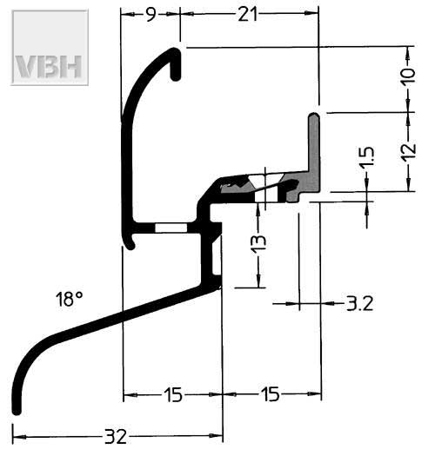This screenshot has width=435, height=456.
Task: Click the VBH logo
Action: click(x=50, y=48)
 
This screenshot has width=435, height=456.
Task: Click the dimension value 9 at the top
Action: click(x=151, y=15)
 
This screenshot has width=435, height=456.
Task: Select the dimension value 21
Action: click(x=248, y=15)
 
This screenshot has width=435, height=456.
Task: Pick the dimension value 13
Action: click(x=258, y=243)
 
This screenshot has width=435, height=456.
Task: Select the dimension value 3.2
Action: click(x=360, y=304)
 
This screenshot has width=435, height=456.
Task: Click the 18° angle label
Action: click(x=70, y=299)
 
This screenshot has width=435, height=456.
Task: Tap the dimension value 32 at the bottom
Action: click(x=116, y=437)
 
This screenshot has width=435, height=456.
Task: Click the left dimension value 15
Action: click(x=173, y=395)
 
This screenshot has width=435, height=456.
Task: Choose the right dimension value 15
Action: click(x=271, y=394)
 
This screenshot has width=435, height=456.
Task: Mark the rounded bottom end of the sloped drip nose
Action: click(x=17, y=411)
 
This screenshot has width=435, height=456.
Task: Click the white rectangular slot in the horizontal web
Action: click(x=171, y=228)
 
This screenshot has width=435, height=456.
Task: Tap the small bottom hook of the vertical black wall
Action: click(x=130, y=244)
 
